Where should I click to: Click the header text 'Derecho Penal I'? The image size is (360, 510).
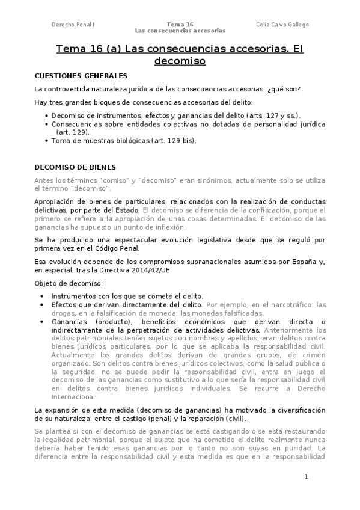73,25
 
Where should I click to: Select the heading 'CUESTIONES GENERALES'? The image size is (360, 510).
81,76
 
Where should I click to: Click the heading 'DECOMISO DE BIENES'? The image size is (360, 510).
76,167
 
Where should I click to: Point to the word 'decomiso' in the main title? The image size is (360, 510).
180,61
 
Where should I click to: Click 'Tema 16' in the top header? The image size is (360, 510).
180,25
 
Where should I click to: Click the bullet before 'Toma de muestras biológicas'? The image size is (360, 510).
47,141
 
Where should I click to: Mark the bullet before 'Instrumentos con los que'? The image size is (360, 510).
41,296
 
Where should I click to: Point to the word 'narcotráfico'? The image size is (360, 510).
282,305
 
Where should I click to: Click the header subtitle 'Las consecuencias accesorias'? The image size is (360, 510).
180,31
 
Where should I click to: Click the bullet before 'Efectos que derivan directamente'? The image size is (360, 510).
41,305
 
